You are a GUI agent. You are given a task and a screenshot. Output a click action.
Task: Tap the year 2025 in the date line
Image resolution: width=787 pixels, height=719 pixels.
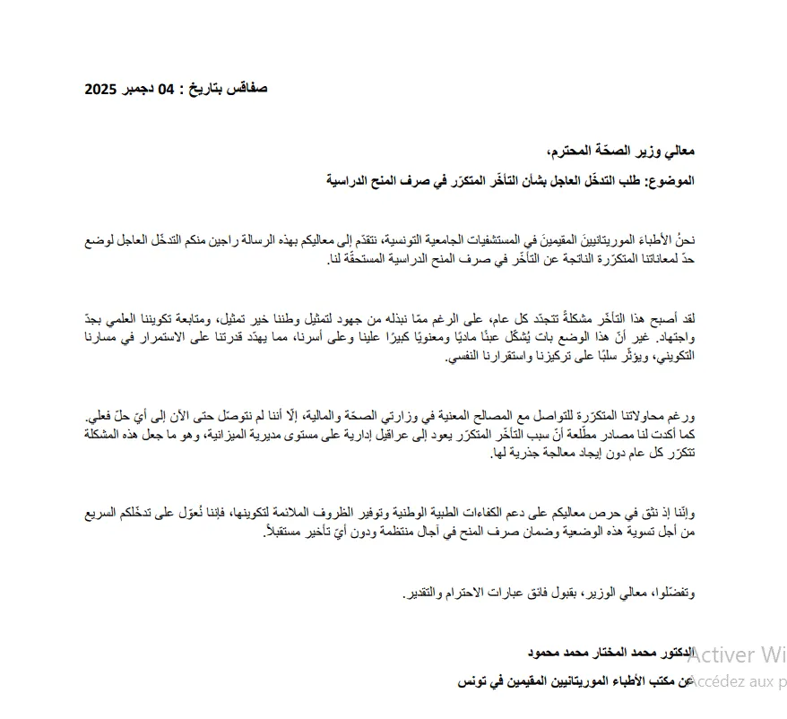click(x=102, y=89)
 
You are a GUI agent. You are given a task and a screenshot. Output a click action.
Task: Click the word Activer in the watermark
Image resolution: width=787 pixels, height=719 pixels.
click(x=723, y=654)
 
